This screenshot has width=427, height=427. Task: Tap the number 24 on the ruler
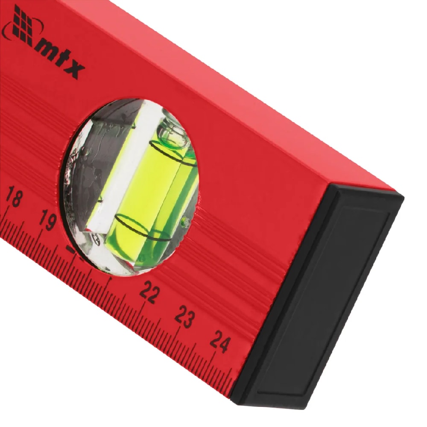pyautogui.click(x=220, y=342)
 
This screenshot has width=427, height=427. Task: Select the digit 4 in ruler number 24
pyautogui.click(x=225, y=345)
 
